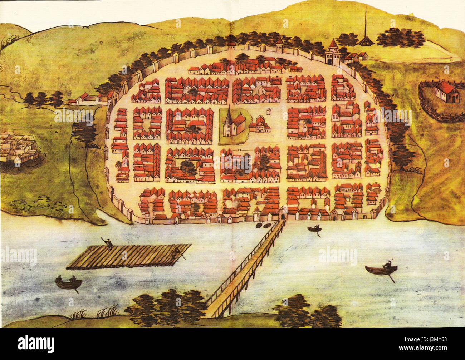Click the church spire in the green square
228,114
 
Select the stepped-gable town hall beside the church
260,124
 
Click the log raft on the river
129,256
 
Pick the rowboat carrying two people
69,283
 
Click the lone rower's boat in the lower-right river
381,270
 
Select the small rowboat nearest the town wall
314,229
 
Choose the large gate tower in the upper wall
333,53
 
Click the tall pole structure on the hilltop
365,30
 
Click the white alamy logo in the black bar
36,344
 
